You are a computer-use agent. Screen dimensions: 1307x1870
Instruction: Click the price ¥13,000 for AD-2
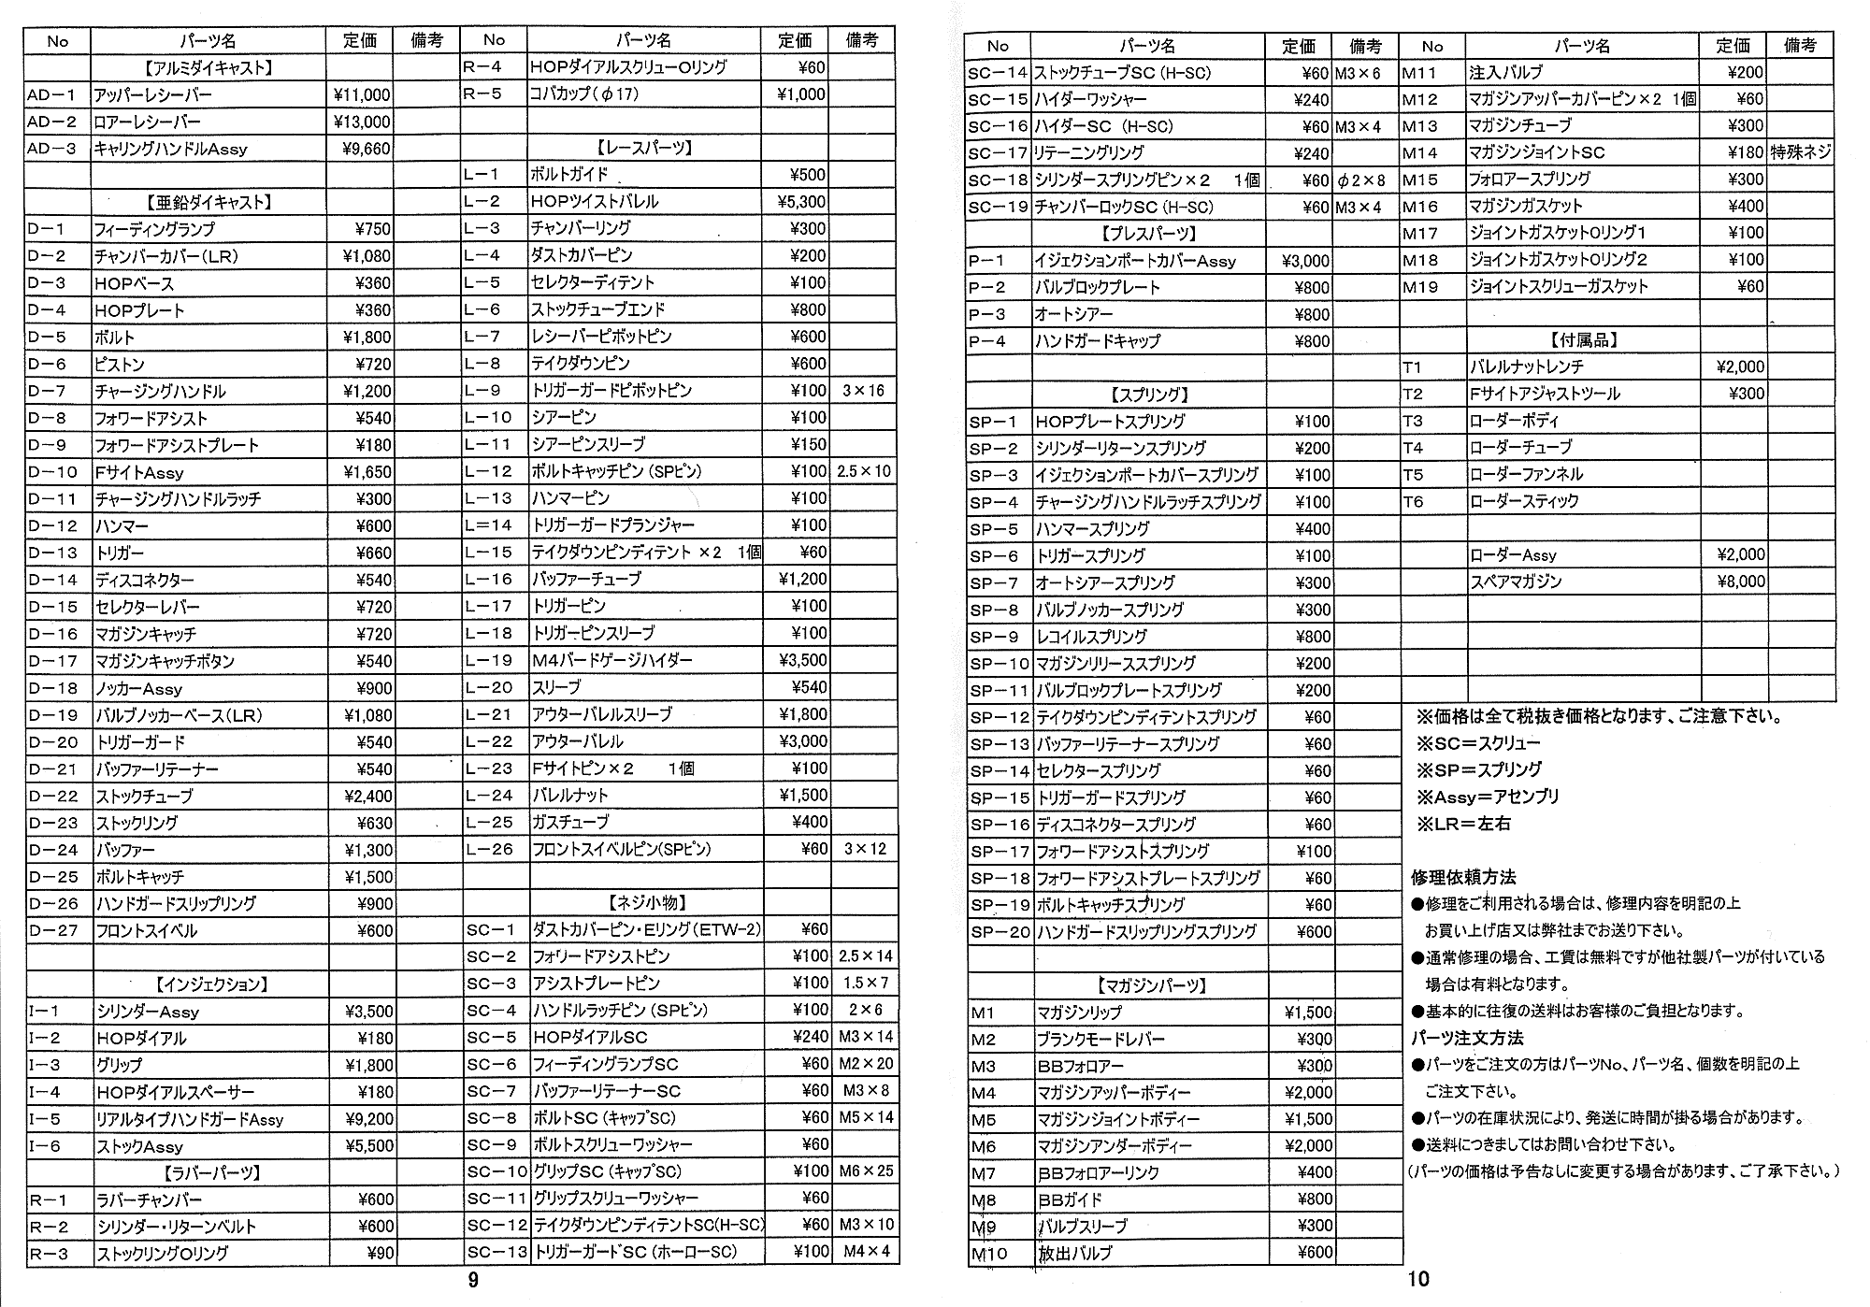362,122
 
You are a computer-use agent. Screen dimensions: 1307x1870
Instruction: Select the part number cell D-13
53,553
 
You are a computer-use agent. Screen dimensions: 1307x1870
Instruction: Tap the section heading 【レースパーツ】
644,148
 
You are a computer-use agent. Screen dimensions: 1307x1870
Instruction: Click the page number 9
473,1280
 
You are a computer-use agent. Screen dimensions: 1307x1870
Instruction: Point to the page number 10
1418,1279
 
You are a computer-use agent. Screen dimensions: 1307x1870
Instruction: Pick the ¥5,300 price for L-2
801,201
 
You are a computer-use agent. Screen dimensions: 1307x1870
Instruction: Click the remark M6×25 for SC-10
866,1171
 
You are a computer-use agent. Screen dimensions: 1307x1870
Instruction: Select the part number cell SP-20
1000,931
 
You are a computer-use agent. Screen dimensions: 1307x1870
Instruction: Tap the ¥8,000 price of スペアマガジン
1740,581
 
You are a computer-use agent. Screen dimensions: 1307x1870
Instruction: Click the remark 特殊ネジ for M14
1800,151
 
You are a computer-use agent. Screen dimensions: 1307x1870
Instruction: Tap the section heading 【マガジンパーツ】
1150,985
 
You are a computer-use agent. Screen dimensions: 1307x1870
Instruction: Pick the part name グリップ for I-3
119,1065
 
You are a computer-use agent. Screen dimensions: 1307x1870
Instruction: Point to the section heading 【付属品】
1583,339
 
